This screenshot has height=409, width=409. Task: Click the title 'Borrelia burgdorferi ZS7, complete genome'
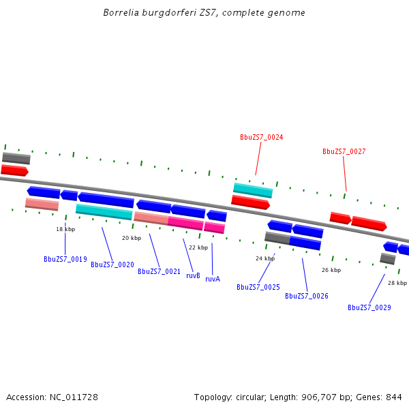point(204,13)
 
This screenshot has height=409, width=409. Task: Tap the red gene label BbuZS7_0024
point(261,137)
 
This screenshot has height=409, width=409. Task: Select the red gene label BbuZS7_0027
point(344,151)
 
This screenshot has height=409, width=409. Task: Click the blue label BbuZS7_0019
point(65,259)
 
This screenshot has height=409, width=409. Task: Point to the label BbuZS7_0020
point(112,264)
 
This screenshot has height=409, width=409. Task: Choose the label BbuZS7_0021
point(159,271)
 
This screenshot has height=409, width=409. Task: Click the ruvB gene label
point(193,275)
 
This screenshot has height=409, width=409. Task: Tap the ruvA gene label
point(213,279)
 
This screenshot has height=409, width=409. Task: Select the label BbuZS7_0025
point(258,287)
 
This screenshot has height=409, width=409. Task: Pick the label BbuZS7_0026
point(306,296)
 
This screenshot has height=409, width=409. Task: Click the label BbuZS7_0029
point(369,307)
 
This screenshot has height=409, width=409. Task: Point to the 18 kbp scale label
point(65,230)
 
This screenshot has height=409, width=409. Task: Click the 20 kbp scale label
point(132,238)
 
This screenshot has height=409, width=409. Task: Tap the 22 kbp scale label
point(198,247)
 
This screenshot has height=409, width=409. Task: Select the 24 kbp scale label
point(265,258)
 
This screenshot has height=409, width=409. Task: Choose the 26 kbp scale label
point(331,270)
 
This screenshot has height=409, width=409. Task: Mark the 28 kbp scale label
point(397,283)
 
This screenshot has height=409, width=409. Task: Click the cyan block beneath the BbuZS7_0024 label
point(253,190)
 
